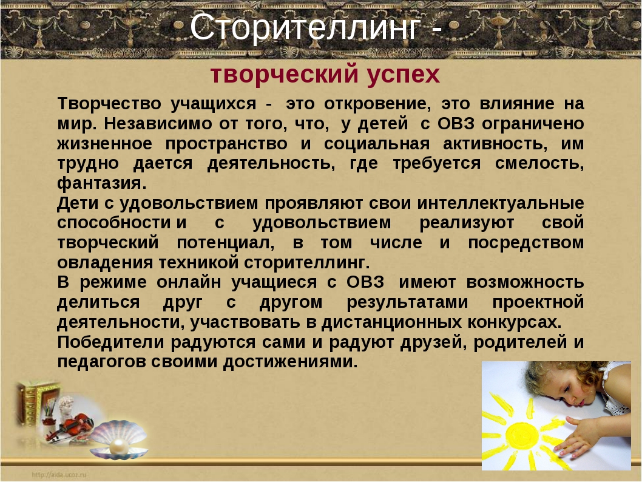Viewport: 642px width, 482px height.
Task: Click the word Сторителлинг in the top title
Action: [305, 28]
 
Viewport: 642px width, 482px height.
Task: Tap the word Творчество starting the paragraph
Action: [109, 103]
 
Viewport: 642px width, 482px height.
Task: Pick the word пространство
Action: [226, 144]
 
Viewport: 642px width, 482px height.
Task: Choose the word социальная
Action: [377, 144]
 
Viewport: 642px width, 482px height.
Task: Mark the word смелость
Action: [539, 164]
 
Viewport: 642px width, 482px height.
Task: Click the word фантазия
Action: [101, 183]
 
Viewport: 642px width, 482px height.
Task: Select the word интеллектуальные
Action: [501, 203]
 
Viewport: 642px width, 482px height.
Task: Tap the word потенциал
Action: [226, 243]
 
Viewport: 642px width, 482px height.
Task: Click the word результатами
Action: [407, 302]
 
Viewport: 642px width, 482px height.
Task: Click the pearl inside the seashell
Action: [119, 445]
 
